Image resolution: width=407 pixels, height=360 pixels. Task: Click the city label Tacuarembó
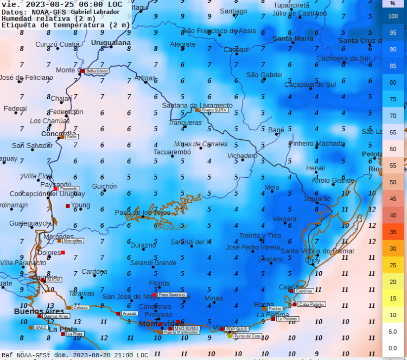click(171, 152)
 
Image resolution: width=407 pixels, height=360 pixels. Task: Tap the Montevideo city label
click(161, 324)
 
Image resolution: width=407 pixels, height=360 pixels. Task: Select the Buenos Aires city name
click(31, 311)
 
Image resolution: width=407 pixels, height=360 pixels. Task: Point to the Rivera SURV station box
click(214, 110)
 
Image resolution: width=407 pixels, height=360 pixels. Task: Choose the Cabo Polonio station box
click(311, 305)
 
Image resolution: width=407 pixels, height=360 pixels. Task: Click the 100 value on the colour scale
click(392, 16)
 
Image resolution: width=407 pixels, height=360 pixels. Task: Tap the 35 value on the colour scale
click(392, 232)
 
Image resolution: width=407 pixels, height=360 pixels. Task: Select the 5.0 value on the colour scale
click(392, 331)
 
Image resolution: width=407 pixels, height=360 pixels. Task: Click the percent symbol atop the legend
click(392, 3)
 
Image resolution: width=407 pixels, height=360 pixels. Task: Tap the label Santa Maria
click(292, 38)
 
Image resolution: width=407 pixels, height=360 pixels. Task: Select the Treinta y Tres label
click(260, 236)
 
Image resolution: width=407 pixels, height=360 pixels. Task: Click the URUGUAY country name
click(170, 227)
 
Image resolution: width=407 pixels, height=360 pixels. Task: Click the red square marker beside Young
click(68, 205)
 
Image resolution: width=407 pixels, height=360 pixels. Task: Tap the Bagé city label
click(276, 130)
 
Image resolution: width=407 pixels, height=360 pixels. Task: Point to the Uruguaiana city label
click(111, 42)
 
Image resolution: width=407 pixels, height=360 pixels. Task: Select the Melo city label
click(272, 188)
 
